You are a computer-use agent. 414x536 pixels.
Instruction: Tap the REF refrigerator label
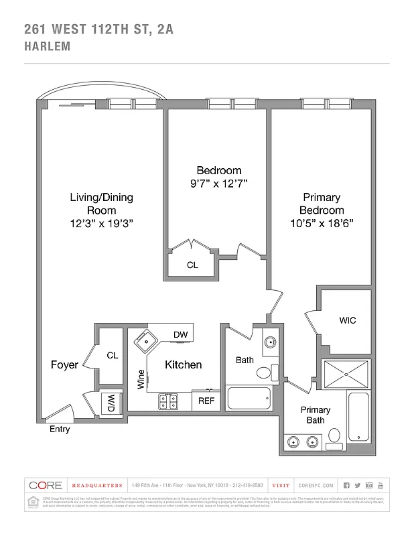205,402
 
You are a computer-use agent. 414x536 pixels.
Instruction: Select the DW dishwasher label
180,334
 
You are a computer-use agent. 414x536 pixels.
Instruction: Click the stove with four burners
167,401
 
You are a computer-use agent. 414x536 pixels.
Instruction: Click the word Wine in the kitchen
141,379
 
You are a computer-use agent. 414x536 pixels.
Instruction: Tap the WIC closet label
347,320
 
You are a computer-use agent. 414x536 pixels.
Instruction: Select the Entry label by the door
60,429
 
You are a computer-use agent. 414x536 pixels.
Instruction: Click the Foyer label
64,365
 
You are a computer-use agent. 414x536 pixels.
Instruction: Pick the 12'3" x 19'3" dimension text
102,224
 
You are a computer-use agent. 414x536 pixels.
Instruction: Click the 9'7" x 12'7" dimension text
219,184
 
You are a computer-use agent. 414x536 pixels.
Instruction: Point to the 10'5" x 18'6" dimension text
322,224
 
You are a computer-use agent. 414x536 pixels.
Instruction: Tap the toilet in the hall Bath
265,373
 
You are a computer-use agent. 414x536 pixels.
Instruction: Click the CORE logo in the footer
46,485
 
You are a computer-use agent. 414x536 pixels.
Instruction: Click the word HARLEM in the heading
47,47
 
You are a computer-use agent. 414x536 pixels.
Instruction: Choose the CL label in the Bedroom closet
192,265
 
